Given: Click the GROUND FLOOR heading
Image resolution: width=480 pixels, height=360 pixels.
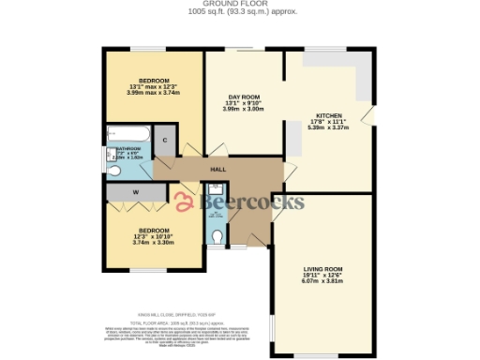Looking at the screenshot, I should click(239, 4).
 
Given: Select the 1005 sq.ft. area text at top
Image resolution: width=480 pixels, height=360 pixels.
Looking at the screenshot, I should click(239, 12).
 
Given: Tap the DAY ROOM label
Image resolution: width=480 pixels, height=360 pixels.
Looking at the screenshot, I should click(243, 97).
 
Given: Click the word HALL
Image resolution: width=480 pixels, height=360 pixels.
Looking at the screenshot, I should click(217, 170).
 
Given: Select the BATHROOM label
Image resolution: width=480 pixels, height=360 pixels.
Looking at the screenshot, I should click(128, 148).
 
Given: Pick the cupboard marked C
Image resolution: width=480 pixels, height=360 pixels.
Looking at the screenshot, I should click(165, 140).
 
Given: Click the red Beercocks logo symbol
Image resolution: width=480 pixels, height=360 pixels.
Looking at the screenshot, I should click(184, 201).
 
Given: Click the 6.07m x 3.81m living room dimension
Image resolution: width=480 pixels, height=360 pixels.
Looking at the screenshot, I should click(322, 280).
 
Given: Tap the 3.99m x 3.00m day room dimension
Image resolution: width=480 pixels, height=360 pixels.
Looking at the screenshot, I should click(243, 110).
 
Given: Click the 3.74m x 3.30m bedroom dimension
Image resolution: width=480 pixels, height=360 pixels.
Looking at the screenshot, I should click(154, 243).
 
